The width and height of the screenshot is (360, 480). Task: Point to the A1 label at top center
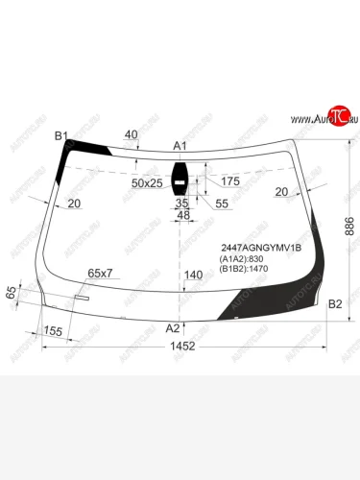[180, 146]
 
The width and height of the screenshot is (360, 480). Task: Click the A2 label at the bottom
[173, 327]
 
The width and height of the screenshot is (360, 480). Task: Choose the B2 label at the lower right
[335, 304]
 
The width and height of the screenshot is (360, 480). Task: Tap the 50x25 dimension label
[147, 182]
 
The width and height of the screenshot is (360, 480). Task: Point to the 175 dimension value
[229, 181]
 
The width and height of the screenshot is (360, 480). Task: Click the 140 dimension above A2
[194, 276]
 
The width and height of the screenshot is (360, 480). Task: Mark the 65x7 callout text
[100, 274]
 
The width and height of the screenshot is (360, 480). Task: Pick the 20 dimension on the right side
[280, 192]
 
